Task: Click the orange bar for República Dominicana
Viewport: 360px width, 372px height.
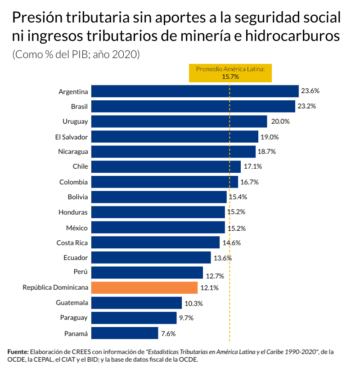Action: (144, 287)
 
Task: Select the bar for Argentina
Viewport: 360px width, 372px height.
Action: (195, 91)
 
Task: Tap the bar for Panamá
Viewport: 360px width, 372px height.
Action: (125, 333)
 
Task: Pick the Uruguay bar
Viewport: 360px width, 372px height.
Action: (179, 121)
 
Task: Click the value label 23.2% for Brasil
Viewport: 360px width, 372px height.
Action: (306, 107)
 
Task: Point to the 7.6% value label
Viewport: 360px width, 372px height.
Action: (168, 334)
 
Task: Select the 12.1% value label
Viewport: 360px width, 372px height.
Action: (209, 288)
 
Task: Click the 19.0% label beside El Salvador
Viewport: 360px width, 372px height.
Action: (270, 137)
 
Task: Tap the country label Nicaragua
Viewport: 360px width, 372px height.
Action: (73, 152)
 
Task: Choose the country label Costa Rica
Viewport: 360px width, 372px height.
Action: (72, 242)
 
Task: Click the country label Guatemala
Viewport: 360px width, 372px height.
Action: (72, 303)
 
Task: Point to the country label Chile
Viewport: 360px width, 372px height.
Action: (80, 166)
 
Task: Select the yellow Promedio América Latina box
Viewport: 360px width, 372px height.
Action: (230, 72)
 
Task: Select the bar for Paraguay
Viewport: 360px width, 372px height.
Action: (134, 318)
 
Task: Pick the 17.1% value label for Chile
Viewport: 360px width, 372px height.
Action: (252, 167)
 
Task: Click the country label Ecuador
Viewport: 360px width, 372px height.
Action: (76, 257)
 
